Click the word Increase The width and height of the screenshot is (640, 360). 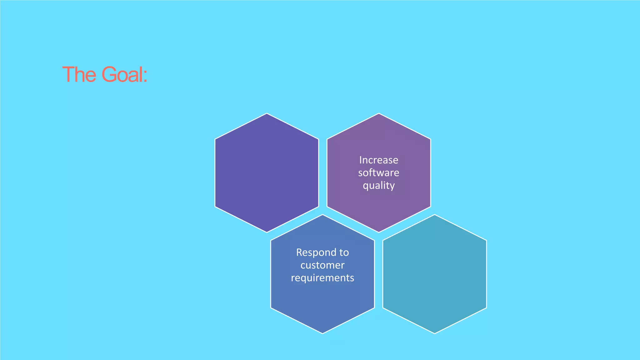point(378,160)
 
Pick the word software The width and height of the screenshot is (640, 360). point(378,173)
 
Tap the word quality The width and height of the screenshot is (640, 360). point(378,186)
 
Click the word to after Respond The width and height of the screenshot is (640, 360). point(344,252)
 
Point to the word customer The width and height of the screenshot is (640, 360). point(322,265)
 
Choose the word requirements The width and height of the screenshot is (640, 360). point(322,278)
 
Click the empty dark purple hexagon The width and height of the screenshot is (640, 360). point(267,173)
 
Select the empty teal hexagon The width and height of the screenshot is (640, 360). point(434,274)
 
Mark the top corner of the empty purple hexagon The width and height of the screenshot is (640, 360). point(267,113)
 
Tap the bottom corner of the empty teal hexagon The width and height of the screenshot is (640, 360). point(434,333)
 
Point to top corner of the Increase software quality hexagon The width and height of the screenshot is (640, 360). point(379,113)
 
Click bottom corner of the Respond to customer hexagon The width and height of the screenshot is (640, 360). point(322,333)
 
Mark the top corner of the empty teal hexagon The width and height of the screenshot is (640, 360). point(434,215)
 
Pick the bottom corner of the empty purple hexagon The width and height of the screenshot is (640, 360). point(267,232)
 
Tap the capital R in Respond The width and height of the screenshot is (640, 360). point(299,252)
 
